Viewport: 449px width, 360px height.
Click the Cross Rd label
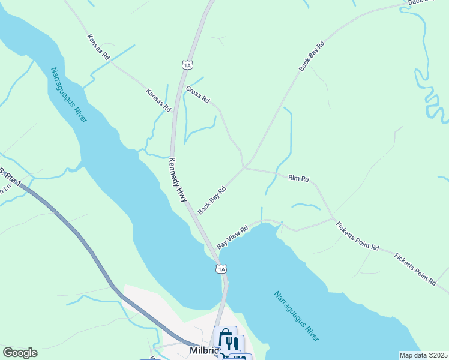197,95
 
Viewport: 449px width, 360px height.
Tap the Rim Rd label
298,178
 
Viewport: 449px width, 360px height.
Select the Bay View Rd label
232,238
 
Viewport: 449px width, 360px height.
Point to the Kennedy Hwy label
178,179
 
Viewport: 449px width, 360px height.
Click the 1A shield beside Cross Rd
187,64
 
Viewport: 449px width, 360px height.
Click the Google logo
20,353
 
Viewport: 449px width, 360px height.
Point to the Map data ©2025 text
423,355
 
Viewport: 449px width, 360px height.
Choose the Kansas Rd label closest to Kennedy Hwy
158,101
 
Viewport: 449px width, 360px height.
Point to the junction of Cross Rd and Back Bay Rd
244,167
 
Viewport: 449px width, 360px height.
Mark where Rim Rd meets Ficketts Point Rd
333,217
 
